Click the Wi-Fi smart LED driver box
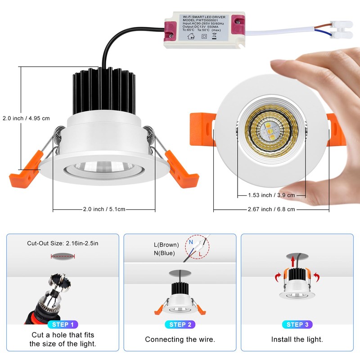(204, 31)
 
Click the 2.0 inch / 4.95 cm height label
(26, 118)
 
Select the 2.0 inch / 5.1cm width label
(104, 209)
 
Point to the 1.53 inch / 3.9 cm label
(271, 195)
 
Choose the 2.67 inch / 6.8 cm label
(271, 209)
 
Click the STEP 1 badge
(63, 324)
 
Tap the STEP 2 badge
(180, 324)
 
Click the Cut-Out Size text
(63, 243)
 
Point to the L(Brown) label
(166, 245)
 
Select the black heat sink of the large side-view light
(104, 90)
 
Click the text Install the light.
(297, 340)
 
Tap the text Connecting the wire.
(180, 340)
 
